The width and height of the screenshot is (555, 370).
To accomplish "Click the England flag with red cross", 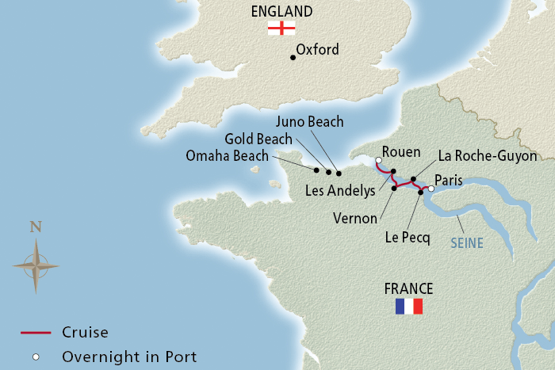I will (x=281, y=28).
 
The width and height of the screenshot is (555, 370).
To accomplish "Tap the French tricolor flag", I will (x=408, y=307).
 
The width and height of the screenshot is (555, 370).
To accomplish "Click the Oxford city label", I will (x=317, y=50).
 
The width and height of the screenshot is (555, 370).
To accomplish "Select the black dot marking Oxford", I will (x=293, y=57).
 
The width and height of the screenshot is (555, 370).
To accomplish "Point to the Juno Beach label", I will (x=309, y=121).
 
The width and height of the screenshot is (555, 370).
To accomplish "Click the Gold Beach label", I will (x=259, y=139).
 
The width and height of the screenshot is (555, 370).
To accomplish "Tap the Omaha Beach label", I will (x=228, y=155).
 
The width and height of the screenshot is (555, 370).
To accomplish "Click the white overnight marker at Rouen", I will (x=379, y=161).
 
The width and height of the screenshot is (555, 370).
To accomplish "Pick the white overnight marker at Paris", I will (x=431, y=189).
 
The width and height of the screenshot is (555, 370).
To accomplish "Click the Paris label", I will (x=449, y=181).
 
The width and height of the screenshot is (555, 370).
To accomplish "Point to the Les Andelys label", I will (x=340, y=191).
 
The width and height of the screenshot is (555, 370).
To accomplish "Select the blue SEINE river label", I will (x=466, y=243).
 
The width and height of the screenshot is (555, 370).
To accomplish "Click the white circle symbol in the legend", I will (x=35, y=357).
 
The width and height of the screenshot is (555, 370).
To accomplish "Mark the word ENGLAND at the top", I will (x=281, y=11).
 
